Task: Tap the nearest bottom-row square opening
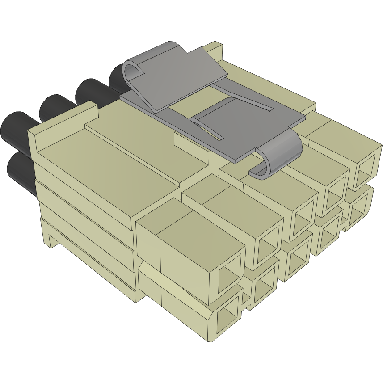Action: coord(227,318)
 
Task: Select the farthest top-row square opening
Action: coord(368,166)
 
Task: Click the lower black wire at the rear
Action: coord(20,172)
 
